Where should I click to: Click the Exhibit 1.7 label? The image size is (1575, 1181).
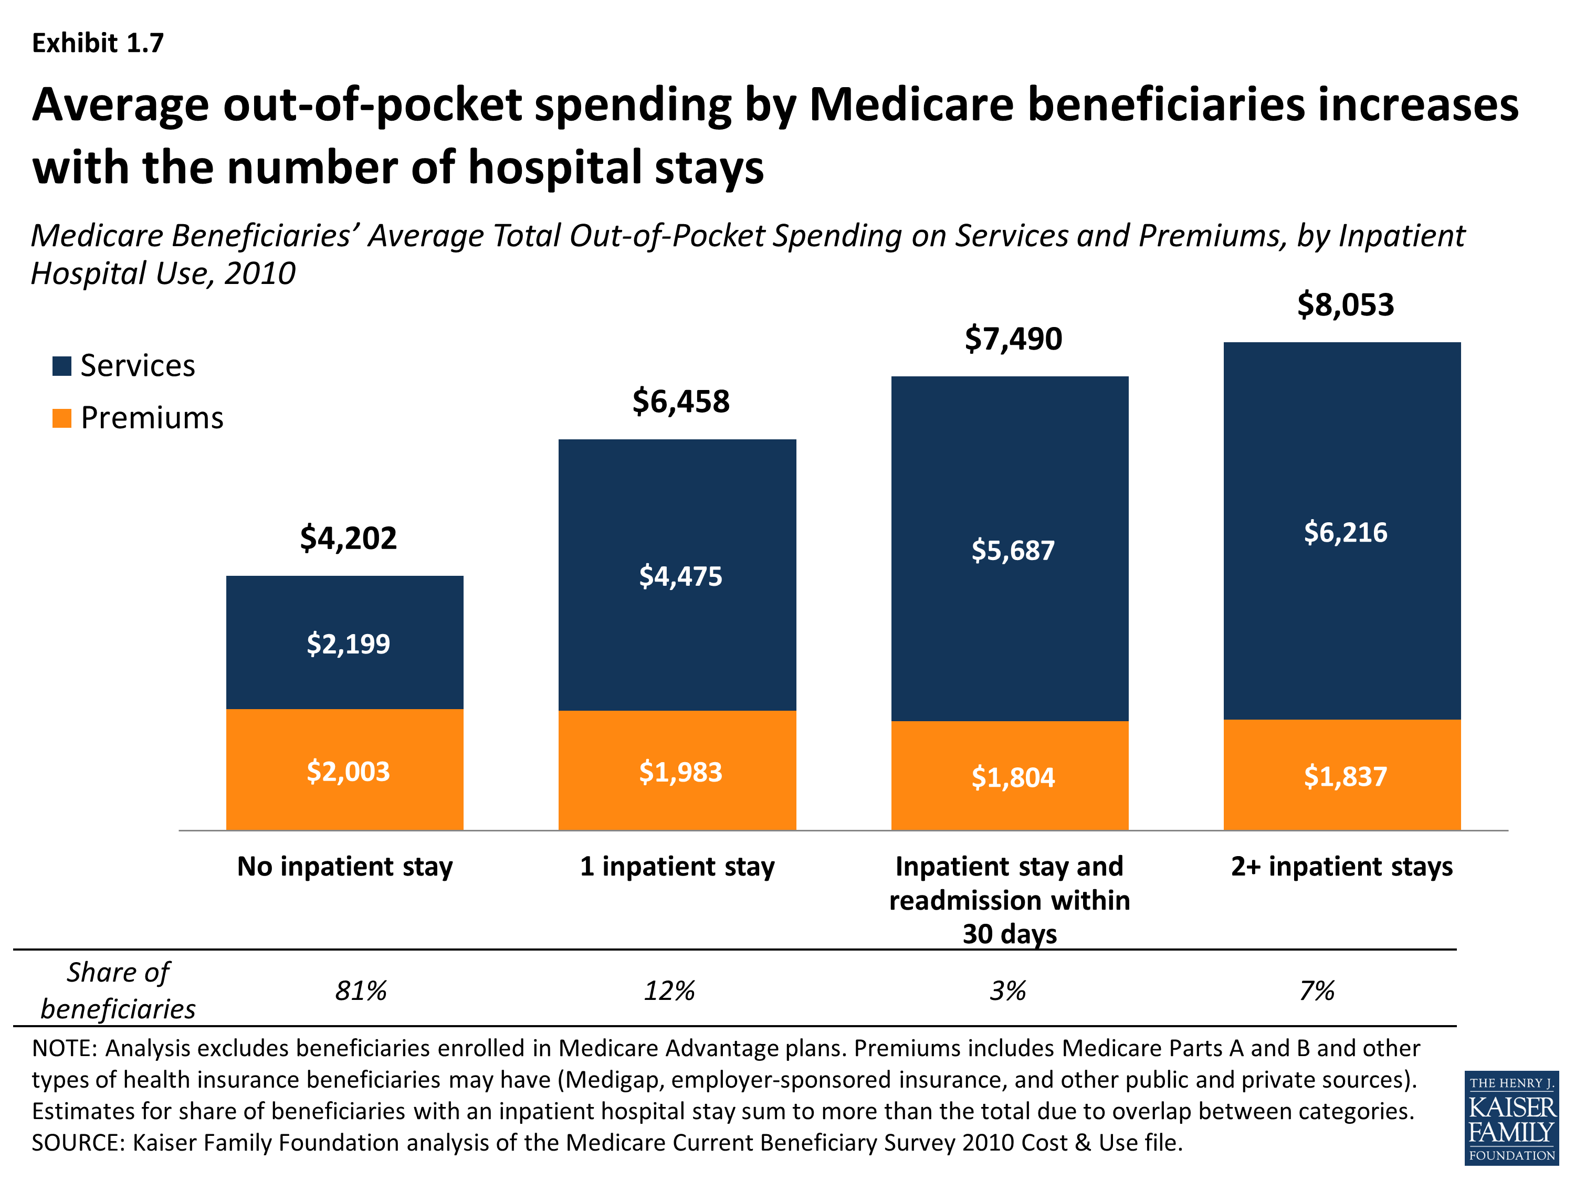tap(98, 44)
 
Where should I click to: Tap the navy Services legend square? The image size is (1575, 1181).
tap(62, 366)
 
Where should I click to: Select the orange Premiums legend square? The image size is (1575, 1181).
tap(62, 418)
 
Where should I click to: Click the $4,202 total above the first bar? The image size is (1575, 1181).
tap(348, 538)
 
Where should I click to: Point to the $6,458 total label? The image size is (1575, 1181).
tap(681, 402)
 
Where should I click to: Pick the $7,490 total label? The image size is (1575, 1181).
tap(1013, 339)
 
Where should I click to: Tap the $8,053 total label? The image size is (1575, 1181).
tap(1345, 304)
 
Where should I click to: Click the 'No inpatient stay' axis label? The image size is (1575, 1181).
tap(345, 867)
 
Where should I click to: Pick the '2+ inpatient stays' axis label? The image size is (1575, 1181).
tap(1342, 867)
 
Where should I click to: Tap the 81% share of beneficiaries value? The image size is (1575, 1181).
tap(361, 990)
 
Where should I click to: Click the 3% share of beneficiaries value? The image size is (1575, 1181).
tap(1008, 990)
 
